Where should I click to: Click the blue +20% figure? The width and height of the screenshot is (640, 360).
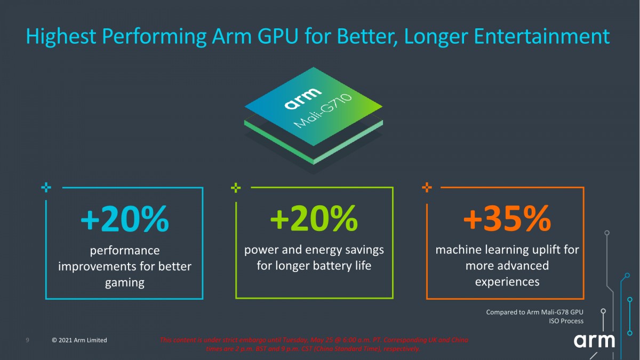point(124,220)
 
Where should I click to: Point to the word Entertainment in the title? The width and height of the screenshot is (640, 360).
point(533,36)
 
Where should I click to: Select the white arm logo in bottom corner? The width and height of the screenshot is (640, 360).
point(594,340)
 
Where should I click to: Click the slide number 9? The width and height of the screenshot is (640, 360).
point(27,340)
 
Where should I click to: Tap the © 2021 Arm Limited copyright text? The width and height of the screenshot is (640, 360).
point(79,340)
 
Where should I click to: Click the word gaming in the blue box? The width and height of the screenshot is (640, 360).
point(124,283)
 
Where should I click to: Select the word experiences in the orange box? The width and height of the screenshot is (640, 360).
point(507,282)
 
